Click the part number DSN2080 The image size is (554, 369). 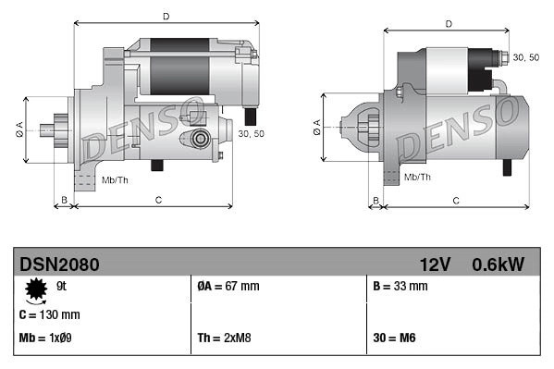coord(59,264)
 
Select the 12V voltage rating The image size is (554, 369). coord(435,264)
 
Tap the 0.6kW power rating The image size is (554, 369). coord(498,264)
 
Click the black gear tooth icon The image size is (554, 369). coord(36,289)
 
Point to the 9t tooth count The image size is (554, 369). coord(61,286)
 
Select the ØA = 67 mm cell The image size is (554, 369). coord(228,286)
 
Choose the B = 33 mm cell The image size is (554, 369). coord(400,286)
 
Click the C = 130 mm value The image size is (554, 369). coord(49,314)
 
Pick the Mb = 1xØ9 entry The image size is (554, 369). coord(45,338)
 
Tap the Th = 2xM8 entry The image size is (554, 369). coord(224,338)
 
